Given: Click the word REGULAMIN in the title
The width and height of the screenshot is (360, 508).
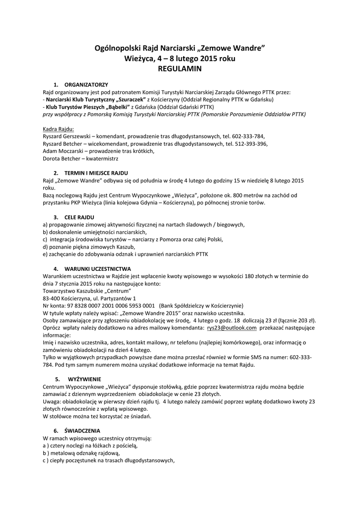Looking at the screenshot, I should pyautogui.click(x=180, y=69).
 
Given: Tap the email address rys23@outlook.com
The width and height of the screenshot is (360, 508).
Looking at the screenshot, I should pyautogui.click(x=232, y=328).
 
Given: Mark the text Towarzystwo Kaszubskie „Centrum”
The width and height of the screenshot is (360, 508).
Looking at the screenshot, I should pyautogui.click(x=87, y=291).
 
